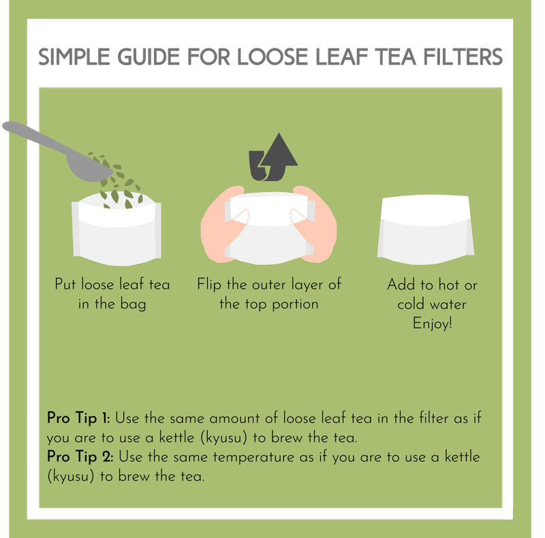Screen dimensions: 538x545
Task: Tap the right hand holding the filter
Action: coord(320,225)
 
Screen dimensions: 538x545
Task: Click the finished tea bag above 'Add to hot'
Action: coord(426,228)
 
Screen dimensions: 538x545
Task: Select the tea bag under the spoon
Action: coord(116,235)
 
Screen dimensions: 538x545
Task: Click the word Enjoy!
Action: coord(432,323)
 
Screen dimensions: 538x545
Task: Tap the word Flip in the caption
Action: coord(210,284)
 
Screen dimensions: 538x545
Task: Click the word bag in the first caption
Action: coord(132,304)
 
